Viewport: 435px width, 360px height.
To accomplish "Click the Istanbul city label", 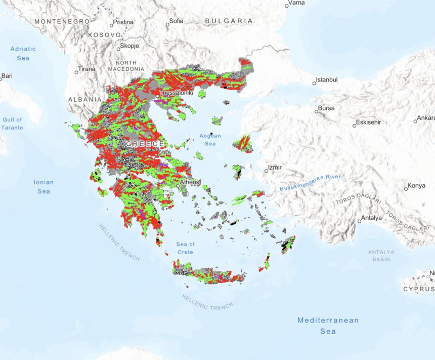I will click(327, 80).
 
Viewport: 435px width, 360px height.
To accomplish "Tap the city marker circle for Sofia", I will click(167, 24).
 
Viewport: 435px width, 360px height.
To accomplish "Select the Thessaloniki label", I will click(177, 93).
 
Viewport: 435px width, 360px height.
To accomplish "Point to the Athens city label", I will click(190, 182).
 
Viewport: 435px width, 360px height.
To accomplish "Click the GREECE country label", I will click(145, 144).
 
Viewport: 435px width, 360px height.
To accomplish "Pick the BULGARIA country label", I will click(229, 21).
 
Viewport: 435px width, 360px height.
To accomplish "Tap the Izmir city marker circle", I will click(266, 171).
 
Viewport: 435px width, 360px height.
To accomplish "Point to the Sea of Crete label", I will click(186, 248).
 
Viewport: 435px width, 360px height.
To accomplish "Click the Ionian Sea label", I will click(43, 186).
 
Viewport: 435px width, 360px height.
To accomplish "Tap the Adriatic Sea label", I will click(23, 53).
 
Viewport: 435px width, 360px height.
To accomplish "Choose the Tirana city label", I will click(86, 69).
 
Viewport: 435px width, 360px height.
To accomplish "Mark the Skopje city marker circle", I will click(118, 49).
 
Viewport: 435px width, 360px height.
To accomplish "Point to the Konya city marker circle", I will click(406, 189).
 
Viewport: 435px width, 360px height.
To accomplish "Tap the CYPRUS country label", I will click(418, 289).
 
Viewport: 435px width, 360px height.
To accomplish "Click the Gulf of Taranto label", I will click(12, 124).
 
